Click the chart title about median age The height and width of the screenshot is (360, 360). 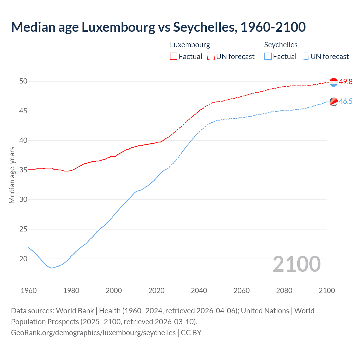point(158,27)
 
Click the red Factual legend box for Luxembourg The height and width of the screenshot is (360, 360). point(174,57)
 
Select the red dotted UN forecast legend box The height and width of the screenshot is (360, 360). point(211,57)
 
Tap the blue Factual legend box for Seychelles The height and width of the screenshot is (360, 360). point(268,57)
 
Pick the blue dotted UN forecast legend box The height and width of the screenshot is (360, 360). point(305,57)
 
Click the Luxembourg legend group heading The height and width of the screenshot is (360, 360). point(190,45)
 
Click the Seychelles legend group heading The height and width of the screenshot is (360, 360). point(281,45)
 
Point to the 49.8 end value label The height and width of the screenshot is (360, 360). point(346,82)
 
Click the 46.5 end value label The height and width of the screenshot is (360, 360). point(346,102)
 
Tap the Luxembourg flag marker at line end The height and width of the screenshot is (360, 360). point(334,82)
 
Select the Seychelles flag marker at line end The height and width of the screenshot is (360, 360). point(334,102)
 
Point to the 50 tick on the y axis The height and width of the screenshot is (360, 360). point(23,81)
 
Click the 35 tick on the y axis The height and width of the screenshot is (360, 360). point(23,170)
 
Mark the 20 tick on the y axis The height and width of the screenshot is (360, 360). point(23,259)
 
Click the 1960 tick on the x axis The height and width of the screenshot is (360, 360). point(29,291)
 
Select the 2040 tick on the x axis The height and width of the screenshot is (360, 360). point(199,291)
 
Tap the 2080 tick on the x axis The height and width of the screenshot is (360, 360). point(284,291)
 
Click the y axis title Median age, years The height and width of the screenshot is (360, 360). point(12,175)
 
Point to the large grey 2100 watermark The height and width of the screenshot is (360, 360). point(297,264)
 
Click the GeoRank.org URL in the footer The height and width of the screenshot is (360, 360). point(93,333)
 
